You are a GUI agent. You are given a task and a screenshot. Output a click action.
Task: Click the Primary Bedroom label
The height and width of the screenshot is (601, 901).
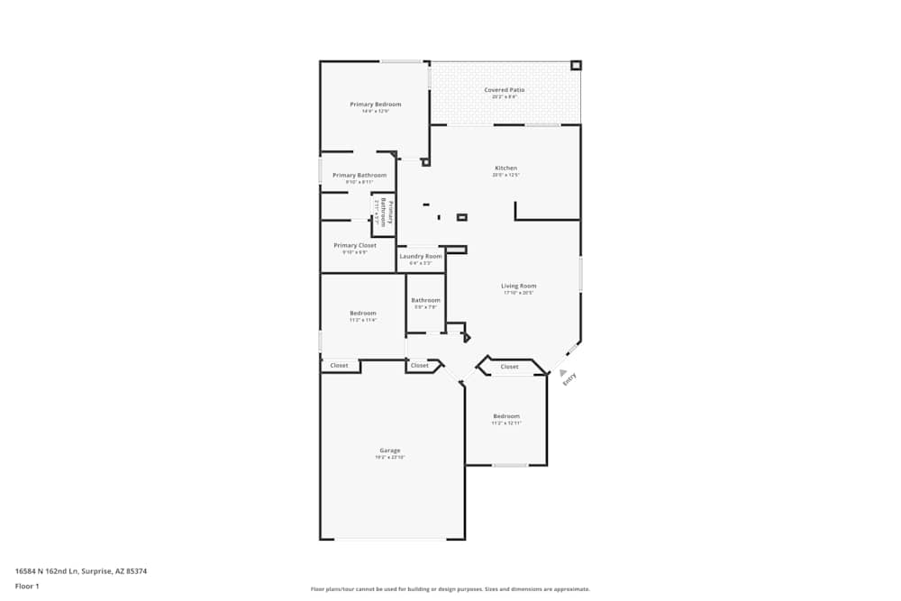tap(376, 105)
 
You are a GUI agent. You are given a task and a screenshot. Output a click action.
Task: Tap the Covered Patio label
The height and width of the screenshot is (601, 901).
tap(505, 90)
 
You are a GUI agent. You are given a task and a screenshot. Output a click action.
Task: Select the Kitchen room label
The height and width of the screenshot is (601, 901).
tap(505, 168)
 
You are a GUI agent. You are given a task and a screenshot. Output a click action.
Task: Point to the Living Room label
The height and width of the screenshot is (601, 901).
tap(519, 287)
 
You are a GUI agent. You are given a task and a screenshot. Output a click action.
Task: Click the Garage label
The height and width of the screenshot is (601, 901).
tap(390, 451)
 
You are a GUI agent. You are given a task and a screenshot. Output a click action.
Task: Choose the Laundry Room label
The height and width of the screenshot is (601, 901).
tap(421, 257)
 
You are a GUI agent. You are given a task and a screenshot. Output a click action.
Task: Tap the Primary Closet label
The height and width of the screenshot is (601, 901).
tap(355, 246)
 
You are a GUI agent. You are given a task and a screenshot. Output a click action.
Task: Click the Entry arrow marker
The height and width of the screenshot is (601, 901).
tap(563, 372)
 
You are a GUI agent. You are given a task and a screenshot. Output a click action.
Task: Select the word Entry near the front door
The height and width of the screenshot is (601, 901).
tap(569, 381)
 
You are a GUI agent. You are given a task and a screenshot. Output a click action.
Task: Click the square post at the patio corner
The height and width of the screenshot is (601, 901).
tap(577, 66)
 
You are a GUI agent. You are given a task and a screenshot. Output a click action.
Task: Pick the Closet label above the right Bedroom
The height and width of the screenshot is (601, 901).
tap(510, 367)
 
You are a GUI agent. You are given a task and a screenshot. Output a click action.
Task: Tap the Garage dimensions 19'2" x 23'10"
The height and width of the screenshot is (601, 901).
tap(390, 458)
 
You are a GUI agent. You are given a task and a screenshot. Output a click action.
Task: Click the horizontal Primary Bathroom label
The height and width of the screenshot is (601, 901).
tap(359, 176)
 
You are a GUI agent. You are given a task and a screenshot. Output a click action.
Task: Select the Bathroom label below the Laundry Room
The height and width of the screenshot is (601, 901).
tap(425, 300)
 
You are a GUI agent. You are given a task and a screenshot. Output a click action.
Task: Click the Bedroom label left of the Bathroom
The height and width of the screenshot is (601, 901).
tap(363, 314)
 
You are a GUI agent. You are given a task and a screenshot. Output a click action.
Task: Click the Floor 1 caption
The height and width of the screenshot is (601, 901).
tap(27, 586)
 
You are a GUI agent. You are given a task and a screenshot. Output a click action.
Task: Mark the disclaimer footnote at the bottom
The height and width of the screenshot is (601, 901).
tap(450, 589)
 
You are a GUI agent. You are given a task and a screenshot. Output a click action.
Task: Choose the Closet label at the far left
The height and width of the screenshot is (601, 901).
tap(340, 366)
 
